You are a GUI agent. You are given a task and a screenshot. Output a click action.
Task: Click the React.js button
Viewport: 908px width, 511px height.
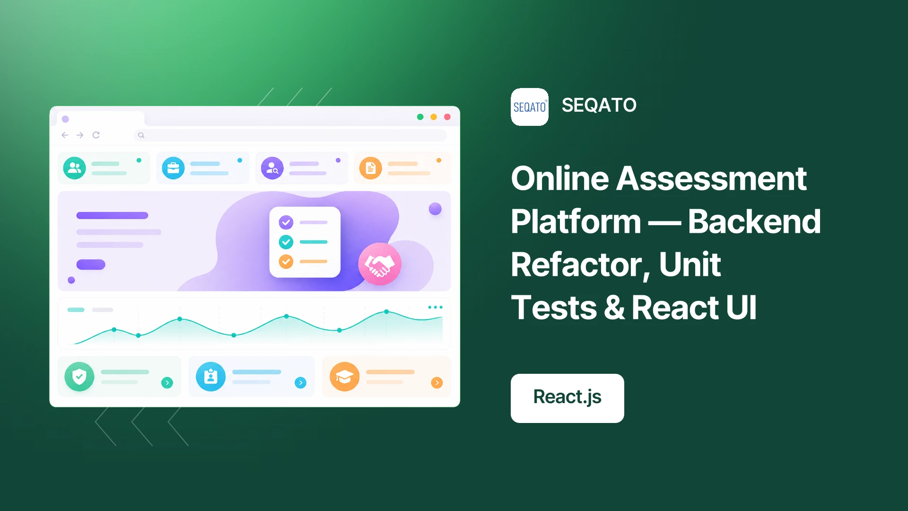point(567,398)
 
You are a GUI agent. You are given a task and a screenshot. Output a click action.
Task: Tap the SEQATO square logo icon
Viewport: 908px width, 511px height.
point(530,107)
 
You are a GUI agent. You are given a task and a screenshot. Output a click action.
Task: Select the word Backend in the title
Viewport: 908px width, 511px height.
point(754,221)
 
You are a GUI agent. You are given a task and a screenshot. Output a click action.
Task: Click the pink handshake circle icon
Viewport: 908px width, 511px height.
point(380,264)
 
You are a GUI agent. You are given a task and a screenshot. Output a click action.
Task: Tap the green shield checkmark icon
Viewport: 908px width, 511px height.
point(79,377)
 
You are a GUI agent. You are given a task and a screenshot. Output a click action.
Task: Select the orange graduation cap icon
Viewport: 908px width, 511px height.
point(345,377)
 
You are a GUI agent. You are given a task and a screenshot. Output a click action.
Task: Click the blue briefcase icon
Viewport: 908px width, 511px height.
point(174,168)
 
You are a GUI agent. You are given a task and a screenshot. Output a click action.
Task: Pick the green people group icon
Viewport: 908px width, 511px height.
point(75,168)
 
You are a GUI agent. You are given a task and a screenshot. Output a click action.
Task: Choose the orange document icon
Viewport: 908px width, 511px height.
point(371,168)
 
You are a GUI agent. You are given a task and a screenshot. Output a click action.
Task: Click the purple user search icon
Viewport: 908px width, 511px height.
point(272,168)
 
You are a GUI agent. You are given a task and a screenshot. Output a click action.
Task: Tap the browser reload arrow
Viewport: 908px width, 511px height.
point(96,135)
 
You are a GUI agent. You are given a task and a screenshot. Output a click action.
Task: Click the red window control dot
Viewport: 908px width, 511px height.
point(447,117)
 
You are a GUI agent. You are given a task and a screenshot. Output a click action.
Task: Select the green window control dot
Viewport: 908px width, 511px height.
point(420,117)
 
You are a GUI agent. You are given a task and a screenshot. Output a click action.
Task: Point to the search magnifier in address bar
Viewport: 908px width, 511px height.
point(141,135)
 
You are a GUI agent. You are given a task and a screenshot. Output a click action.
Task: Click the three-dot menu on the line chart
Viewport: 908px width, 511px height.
point(435,307)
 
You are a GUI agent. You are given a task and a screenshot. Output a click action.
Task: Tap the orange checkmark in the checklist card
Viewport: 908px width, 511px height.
point(286,261)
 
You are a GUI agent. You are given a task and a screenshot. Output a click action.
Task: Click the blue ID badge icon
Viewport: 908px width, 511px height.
point(211,377)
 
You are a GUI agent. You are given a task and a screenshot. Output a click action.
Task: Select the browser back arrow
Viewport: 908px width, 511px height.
point(65,135)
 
